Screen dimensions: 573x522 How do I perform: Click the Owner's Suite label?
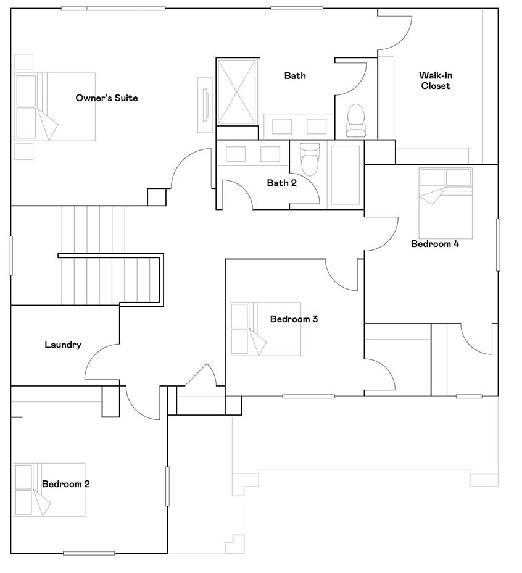(106, 98)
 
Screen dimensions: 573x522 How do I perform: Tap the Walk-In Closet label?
(436, 81)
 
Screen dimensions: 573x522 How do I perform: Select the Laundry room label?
(62, 345)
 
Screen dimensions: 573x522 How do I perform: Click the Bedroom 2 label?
(65, 484)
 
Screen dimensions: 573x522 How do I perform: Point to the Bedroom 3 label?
(294, 319)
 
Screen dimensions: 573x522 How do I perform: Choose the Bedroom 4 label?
(434, 244)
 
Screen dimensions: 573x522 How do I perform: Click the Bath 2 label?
(282, 183)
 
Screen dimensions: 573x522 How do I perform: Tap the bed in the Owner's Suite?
(55, 106)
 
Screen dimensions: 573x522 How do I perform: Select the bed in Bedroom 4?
(445, 203)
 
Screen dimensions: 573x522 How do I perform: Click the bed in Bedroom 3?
(265, 328)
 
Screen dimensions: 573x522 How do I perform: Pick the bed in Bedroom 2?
(49, 490)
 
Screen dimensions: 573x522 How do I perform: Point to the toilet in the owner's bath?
(356, 120)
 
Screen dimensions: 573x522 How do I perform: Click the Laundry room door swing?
(102, 362)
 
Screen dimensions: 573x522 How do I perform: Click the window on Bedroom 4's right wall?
(497, 245)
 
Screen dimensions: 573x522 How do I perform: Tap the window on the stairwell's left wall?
(10, 254)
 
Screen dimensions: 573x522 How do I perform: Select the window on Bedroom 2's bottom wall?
(88, 553)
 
